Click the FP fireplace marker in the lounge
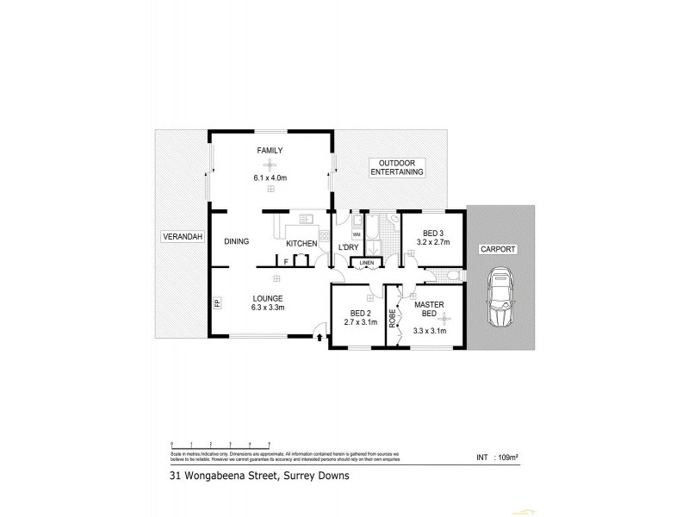coord(217,303)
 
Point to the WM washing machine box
coord(357,233)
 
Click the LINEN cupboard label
coord(367,262)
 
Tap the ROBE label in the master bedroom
coord(392,318)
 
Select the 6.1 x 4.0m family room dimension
coord(270,178)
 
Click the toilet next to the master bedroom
coord(450,276)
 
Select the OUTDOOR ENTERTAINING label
coord(397,167)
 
